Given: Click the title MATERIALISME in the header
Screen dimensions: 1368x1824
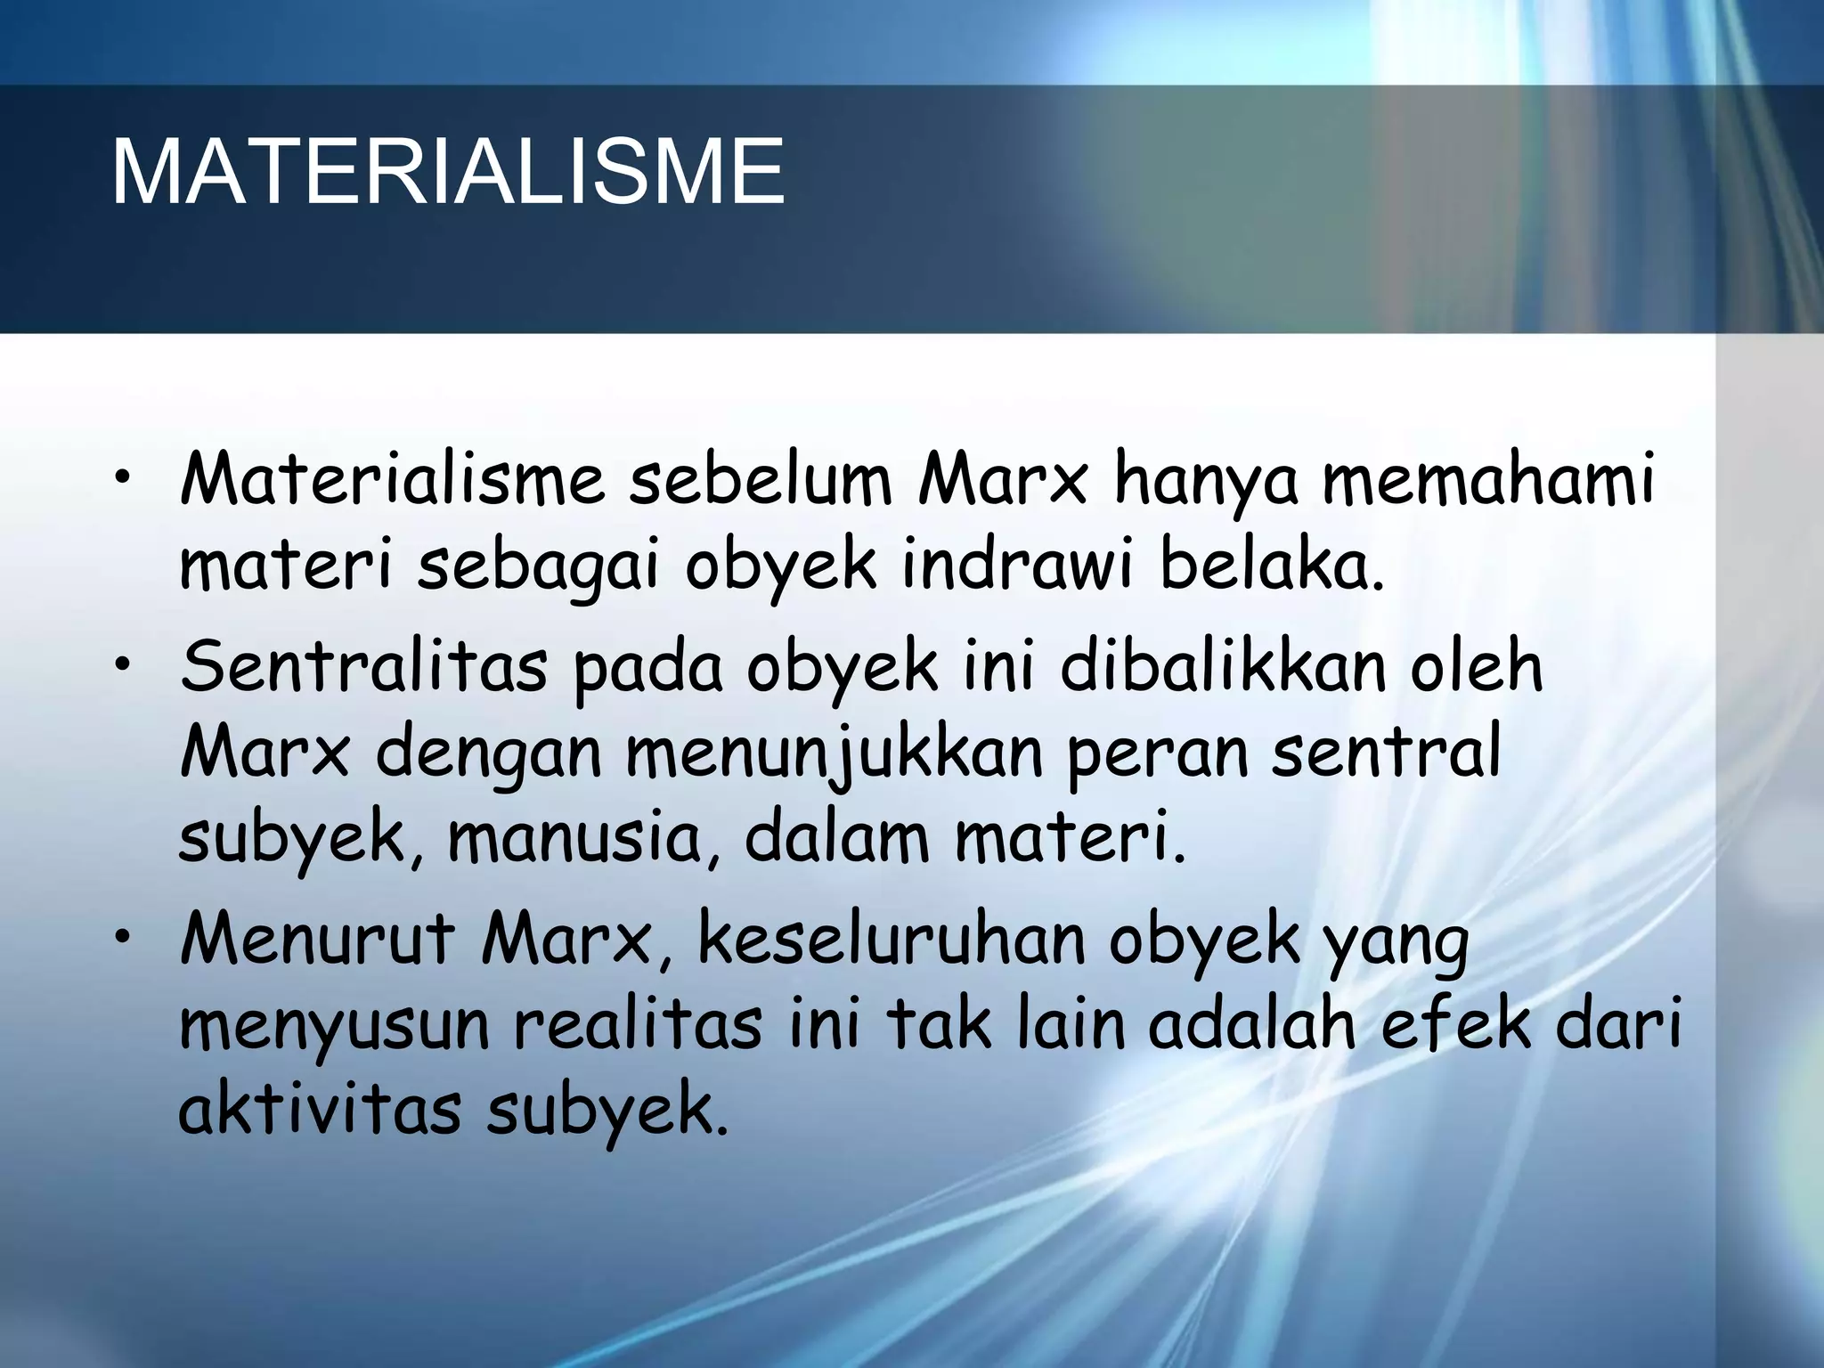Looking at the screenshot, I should [x=447, y=172].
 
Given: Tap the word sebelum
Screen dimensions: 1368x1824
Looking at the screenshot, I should [x=761, y=481].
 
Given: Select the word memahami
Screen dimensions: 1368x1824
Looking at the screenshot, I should [x=1486, y=481].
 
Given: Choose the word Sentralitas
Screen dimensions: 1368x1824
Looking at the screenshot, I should [x=363, y=666].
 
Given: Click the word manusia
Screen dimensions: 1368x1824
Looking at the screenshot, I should [x=582, y=840].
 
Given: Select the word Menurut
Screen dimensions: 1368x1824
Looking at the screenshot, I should [x=316, y=940].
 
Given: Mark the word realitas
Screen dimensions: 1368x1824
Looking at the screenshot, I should [x=638, y=1025].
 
